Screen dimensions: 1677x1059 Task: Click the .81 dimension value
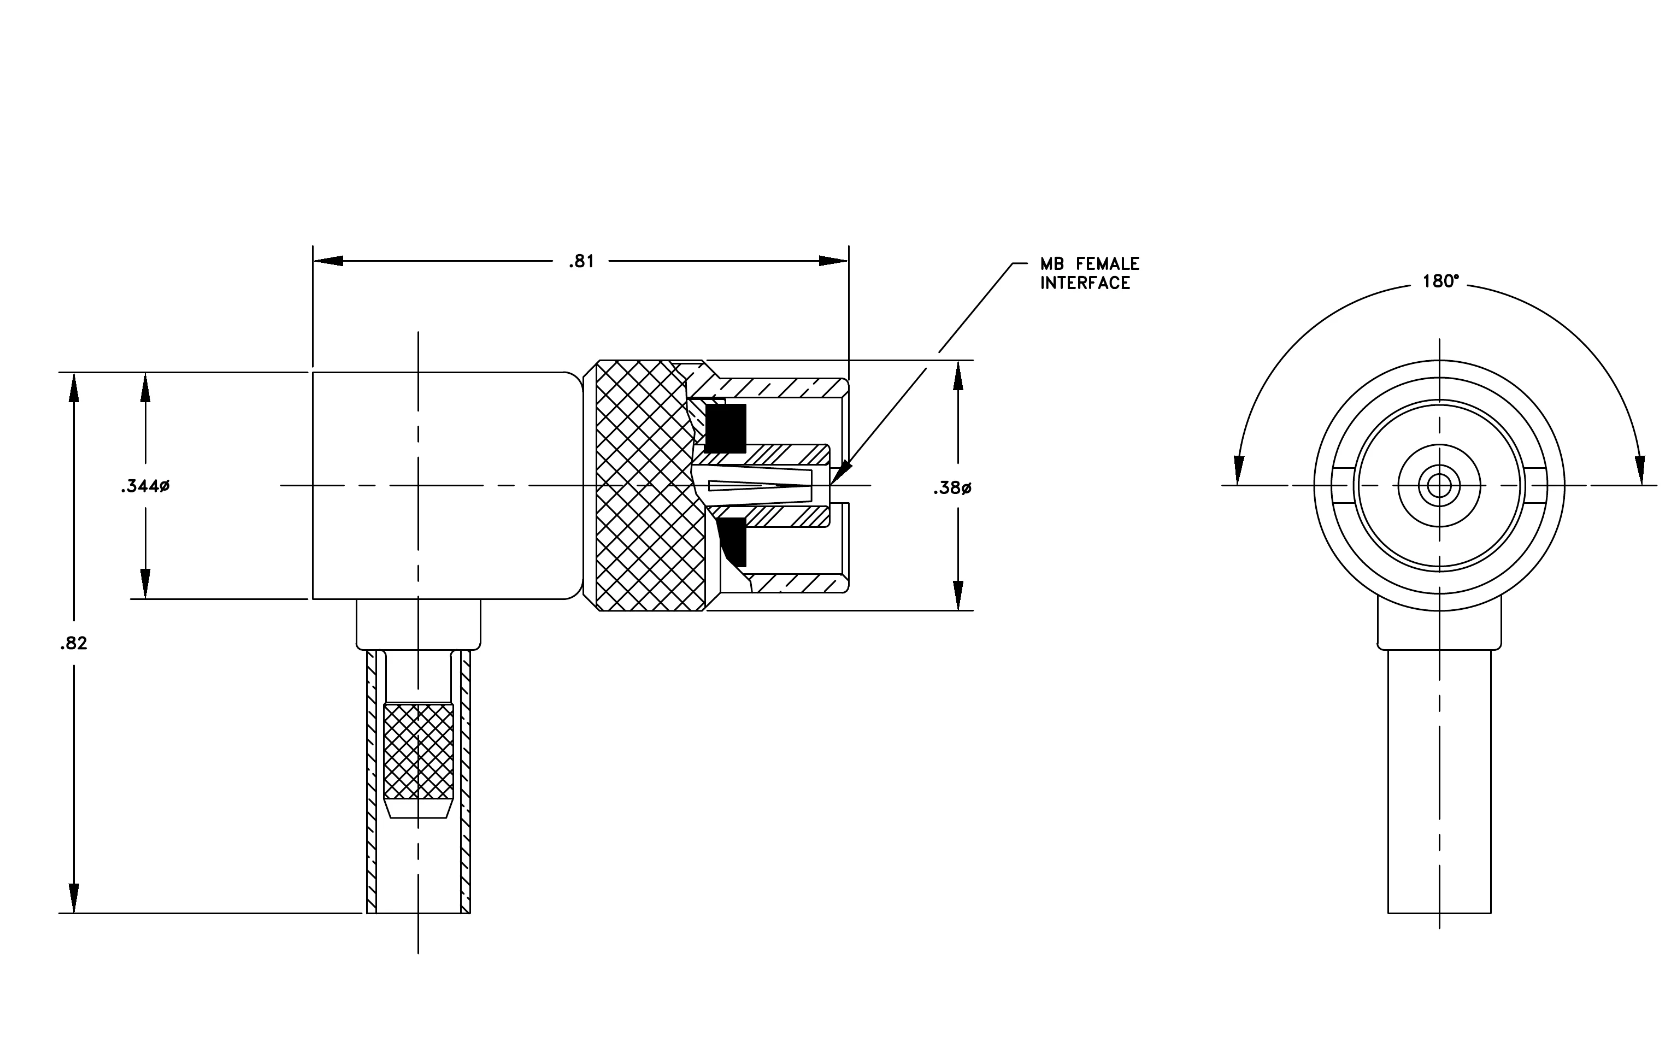point(581,262)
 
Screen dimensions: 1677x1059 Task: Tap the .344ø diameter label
point(145,487)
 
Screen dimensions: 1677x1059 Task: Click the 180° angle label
point(1441,281)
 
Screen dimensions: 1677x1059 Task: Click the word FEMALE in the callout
point(1107,264)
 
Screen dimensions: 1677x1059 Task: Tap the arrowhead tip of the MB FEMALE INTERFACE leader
point(830,485)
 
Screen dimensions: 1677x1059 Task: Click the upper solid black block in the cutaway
point(726,427)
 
